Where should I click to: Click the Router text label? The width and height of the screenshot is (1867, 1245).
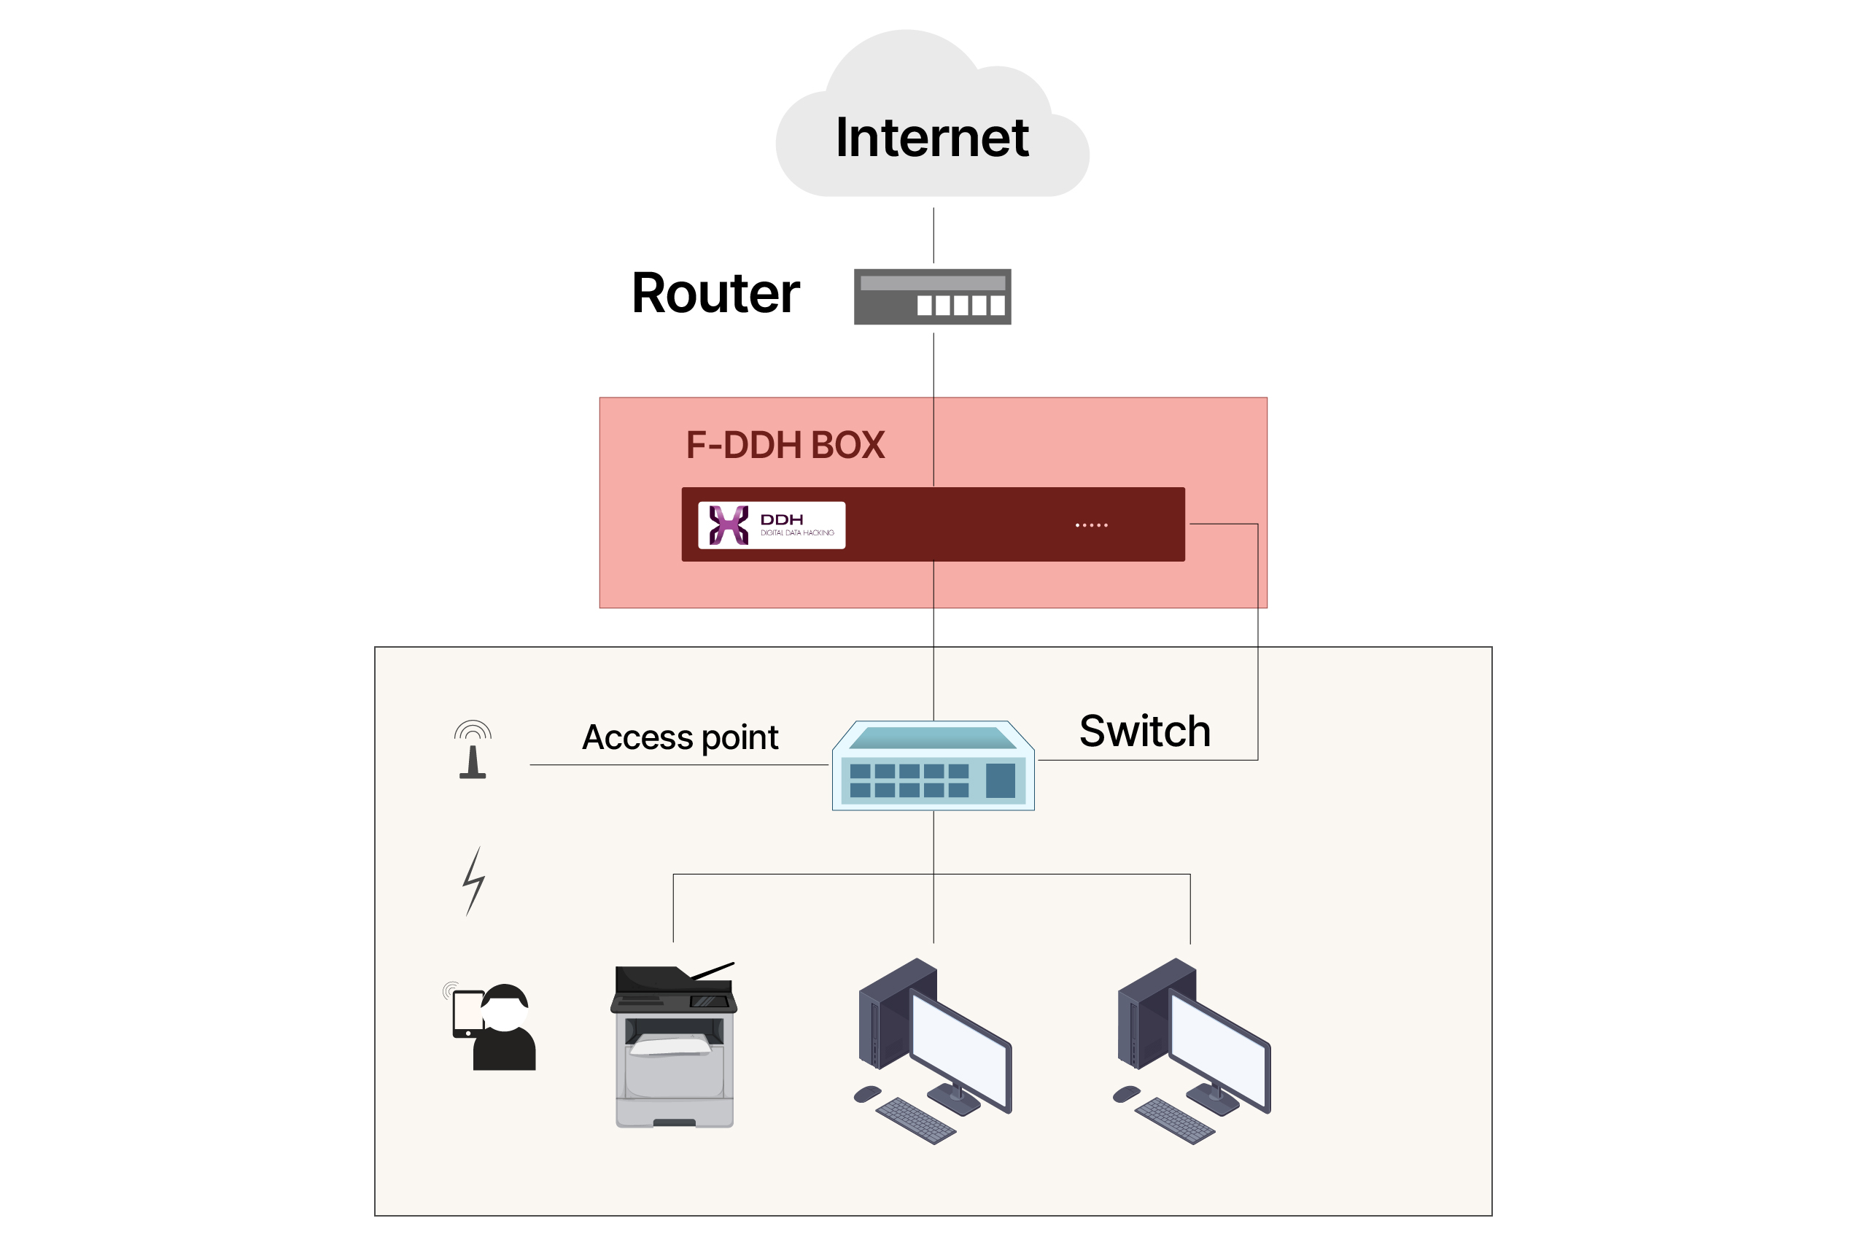coord(715,293)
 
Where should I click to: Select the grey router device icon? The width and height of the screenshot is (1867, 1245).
coord(932,296)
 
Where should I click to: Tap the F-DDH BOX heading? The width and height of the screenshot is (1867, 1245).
coord(784,445)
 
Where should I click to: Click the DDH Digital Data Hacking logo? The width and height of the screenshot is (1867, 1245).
coord(771,525)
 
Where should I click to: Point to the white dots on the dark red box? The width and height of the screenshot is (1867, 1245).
coord(1091,525)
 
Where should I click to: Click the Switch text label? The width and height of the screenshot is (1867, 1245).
coord(1145,731)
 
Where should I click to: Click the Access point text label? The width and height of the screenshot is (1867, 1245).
coord(680,737)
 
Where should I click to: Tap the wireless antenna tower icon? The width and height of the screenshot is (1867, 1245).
coord(473,750)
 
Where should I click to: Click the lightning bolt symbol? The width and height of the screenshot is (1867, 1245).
coord(474,880)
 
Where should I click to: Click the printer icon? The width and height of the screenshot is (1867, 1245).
coord(674,1044)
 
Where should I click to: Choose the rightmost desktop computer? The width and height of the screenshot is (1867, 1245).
coord(1192,1048)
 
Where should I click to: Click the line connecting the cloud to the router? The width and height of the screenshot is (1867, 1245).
coord(933,235)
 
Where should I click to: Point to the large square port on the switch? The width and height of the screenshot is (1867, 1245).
coord(1000,780)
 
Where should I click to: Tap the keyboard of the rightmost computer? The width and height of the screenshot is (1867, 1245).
coord(1175,1120)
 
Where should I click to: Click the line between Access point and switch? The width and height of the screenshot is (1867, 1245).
coord(679,764)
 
